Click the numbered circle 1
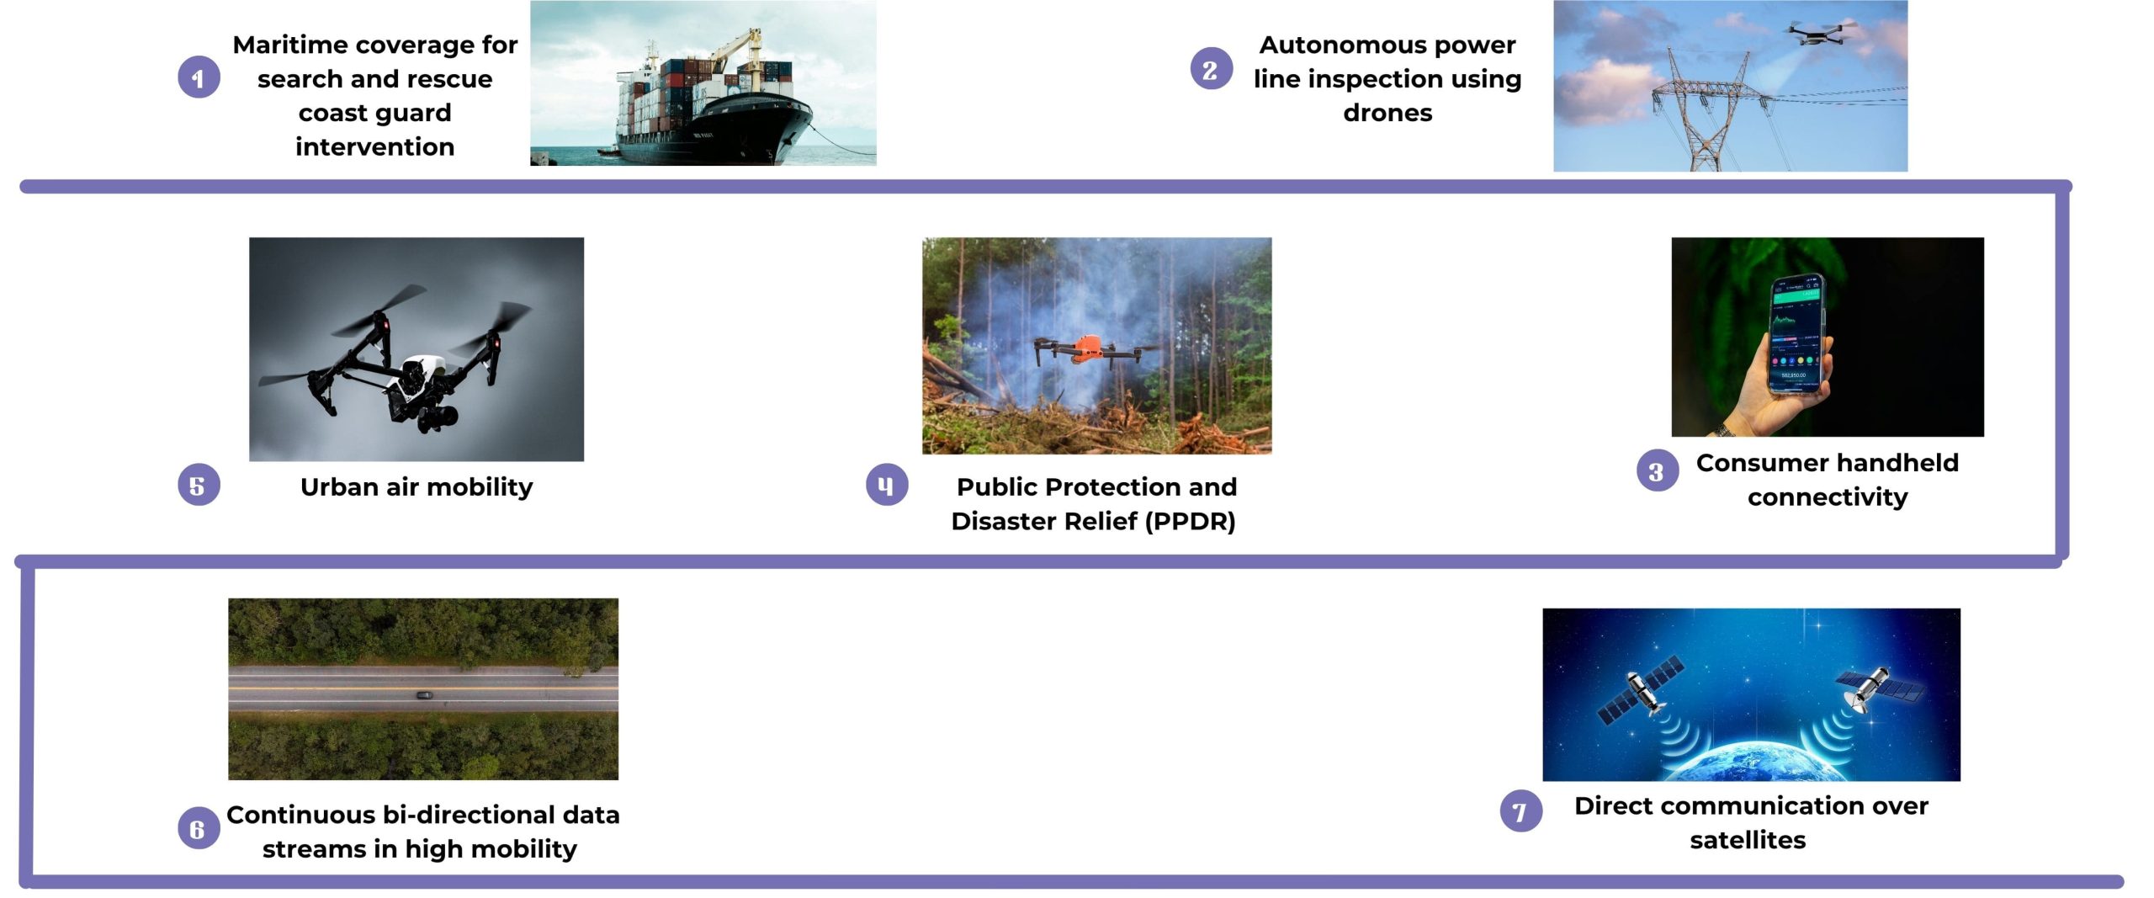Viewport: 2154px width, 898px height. pyautogui.click(x=199, y=77)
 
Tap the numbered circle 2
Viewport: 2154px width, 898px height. pyautogui.click(x=1211, y=69)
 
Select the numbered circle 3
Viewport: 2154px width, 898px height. pyautogui.click(x=1657, y=471)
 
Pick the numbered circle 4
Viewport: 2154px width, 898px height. pyautogui.click(x=887, y=484)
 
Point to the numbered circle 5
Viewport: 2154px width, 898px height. pyautogui.click(x=199, y=485)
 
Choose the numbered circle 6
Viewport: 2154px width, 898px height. pyautogui.click(x=199, y=828)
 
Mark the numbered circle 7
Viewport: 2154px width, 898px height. pyautogui.click(x=1521, y=810)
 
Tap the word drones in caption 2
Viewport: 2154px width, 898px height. pyautogui.click(x=1387, y=113)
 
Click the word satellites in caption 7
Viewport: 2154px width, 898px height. pyautogui.click(x=1748, y=840)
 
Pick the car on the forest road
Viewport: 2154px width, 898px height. pyautogui.click(x=425, y=695)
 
